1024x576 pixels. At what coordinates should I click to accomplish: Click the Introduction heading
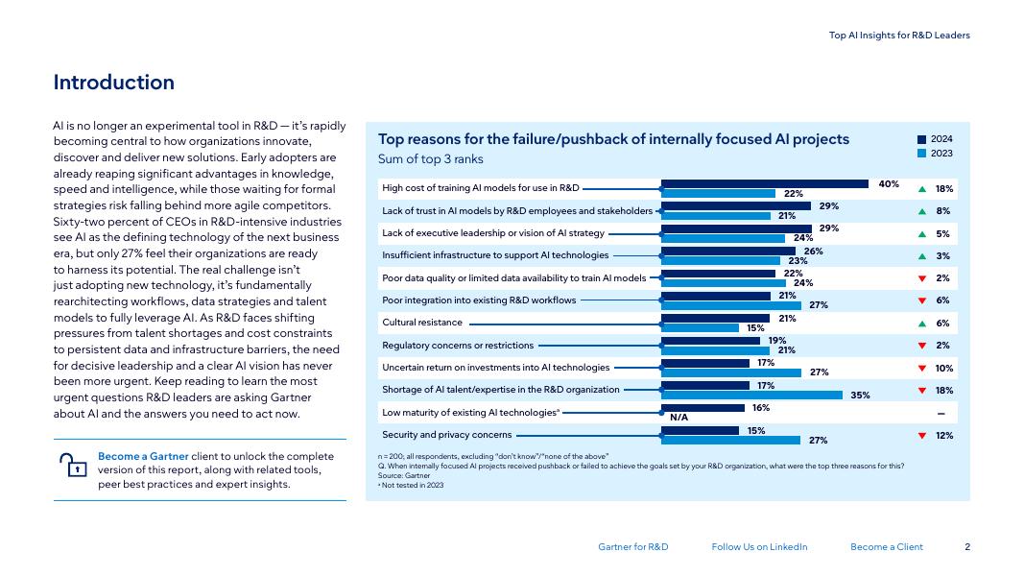click(x=113, y=83)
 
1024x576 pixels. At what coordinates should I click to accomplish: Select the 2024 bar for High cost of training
click(x=765, y=183)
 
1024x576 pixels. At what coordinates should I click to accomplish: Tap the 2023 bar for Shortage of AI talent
click(x=752, y=395)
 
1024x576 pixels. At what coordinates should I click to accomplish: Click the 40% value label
click(x=889, y=183)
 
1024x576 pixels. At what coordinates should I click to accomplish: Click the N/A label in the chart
click(x=679, y=418)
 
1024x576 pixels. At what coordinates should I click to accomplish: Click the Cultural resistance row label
click(x=422, y=323)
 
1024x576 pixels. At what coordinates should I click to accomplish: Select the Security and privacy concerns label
click(x=446, y=435)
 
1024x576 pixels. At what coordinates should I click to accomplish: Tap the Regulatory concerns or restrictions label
click(x=458, y=345)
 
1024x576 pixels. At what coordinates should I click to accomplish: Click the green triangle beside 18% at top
click(x=922, y=189)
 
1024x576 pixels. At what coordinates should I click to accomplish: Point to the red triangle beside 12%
click(x=922, y=436)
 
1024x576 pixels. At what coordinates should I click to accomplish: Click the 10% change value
click(x=943, y=369)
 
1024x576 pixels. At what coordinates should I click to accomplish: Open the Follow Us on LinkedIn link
click(x=759, y=547)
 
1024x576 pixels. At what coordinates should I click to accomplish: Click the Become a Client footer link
click(x=886, y=547)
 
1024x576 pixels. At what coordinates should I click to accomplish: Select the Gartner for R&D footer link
click(x=632, y=547)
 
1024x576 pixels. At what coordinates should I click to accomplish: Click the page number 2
click(x=966, y=547)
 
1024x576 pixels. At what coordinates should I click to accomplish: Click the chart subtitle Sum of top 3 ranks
click(x=431, y=159)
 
